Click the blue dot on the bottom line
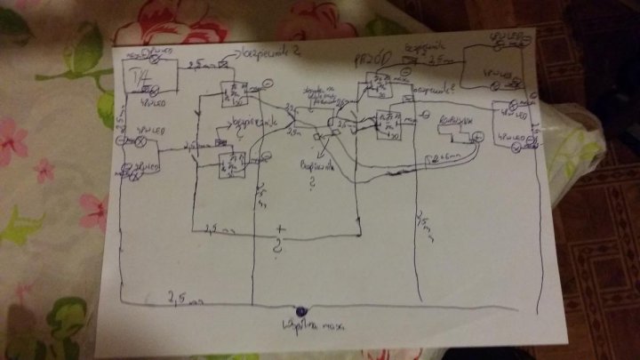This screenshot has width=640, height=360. [300, 310]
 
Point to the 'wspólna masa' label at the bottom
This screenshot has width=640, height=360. [300, 326]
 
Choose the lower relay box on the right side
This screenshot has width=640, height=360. [388, 125]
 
